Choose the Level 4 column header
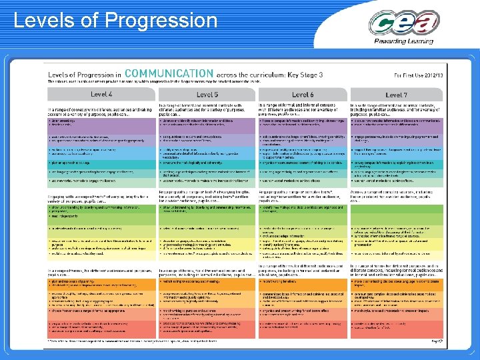(101, 95)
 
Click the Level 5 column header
(207, 95)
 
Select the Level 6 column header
(302, 95)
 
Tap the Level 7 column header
(396, 95)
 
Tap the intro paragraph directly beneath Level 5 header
(207, 109)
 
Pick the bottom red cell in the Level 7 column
(396, 326)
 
